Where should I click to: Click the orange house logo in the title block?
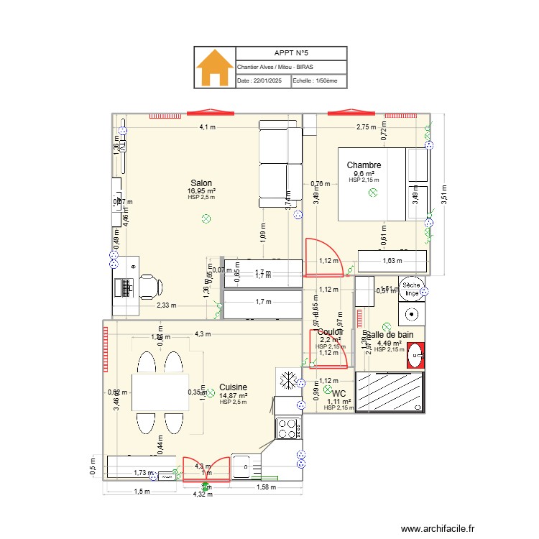215,68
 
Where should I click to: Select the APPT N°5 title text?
291,53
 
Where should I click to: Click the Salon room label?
201,183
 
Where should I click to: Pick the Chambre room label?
364,165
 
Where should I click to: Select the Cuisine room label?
234,387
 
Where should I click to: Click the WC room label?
339,393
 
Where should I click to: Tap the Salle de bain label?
389,335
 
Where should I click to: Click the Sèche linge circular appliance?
411,289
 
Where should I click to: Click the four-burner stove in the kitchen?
288,428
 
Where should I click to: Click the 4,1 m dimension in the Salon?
207,127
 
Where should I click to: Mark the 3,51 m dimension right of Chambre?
442,192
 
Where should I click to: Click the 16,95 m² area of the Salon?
201,190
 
